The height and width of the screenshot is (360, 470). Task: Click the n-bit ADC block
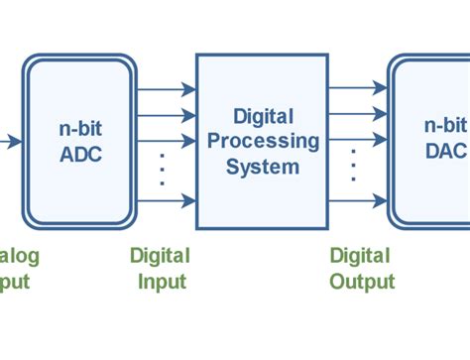79,140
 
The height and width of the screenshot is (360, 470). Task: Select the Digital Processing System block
262,140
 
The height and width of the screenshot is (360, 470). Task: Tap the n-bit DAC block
431,140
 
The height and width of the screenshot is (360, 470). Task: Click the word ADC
80,154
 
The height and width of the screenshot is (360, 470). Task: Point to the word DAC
444,152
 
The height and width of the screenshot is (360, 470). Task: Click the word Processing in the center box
263,141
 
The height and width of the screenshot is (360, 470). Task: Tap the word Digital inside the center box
263,116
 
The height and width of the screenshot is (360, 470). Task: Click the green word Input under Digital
162,281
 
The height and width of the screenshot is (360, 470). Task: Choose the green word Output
362,281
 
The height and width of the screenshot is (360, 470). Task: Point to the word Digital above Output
360,256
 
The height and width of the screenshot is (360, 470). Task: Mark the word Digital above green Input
160,256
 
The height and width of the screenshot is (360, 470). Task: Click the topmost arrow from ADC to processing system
166,90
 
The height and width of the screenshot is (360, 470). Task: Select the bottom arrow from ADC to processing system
166,201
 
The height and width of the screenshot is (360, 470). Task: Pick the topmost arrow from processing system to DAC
357,90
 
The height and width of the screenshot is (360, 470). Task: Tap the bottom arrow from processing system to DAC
357,201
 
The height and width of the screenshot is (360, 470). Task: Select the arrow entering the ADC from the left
10,141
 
